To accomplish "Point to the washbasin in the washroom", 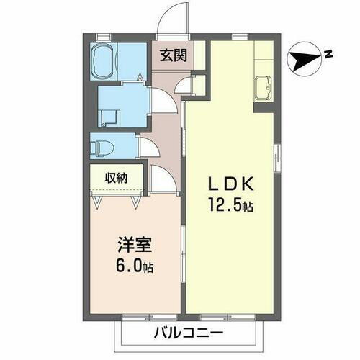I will tap(109, 117).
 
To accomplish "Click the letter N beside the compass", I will tap(327, 54).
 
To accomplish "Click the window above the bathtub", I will tap(102, 35).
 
